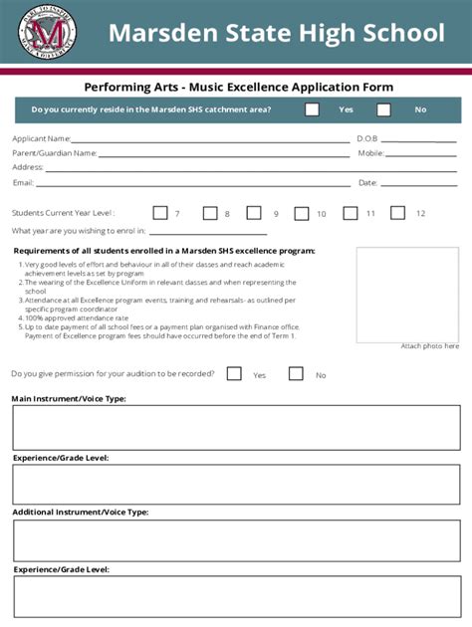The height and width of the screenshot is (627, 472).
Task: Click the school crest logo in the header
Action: [x=47, y=33]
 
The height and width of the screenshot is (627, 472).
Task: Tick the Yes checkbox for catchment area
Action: [x=312, y=109]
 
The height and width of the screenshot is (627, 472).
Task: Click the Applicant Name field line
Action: [x=209, y=141]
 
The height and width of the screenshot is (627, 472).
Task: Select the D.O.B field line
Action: [x=418, y=141]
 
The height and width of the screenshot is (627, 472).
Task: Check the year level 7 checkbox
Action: [x=159, y=213]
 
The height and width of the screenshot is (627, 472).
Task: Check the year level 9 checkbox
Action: [x=254, y=213]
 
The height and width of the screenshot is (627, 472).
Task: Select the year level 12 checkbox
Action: [x=397, y=213]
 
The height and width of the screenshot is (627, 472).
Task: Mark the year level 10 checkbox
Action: [x=301, y=213]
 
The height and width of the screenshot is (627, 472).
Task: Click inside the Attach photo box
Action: [x=421, y=294]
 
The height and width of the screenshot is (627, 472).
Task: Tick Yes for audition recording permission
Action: [x=234, y=374]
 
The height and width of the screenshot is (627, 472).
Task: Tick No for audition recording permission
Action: [x=296, y=374]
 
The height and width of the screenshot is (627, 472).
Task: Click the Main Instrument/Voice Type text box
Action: [x=236, y=427]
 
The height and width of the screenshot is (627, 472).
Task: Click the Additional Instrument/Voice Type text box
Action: [x=236, y=540]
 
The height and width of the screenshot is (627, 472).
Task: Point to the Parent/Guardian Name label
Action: [x=54, y=153]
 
